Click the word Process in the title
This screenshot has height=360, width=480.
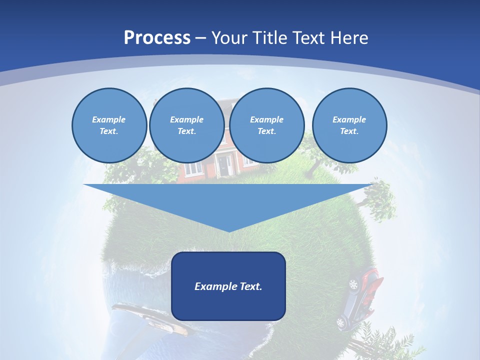tap(157, 37)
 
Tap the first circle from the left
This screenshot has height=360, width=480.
tap(109, 125)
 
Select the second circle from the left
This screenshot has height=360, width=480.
tap(186, 125)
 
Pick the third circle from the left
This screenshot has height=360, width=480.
tap(266, 125)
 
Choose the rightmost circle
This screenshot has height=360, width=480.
tap(349, 125)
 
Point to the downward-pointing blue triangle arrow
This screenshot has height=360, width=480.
tap(228, 205)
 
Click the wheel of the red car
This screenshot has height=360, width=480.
tap(353, 284)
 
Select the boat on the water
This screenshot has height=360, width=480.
tap(150, 317)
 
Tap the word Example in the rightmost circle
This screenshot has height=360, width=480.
tap(349, 119)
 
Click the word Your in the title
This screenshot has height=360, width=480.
tap(229, 37)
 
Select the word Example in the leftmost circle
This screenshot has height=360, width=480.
tap(109, 119)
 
